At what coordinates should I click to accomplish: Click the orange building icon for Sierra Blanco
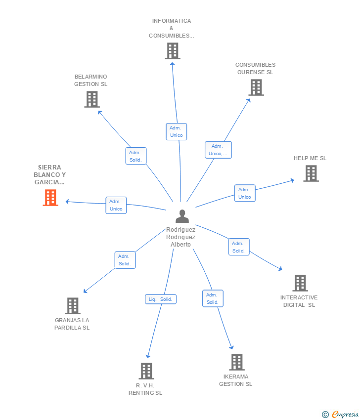(50, 198)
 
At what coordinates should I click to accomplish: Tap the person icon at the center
(182, 216)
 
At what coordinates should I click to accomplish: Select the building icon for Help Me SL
(311, 173)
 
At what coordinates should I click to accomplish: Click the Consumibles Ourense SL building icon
(256, 87)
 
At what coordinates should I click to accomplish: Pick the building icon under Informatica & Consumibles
(172, 51)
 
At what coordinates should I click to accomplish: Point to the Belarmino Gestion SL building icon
(91, 99)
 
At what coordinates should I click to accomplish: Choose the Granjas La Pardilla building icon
(72, 306)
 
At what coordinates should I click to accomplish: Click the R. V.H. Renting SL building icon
(146, 371)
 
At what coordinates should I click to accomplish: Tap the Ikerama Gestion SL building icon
(236, 362)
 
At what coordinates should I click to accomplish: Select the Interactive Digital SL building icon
(300, 283)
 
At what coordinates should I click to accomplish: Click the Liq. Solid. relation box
(160, 299)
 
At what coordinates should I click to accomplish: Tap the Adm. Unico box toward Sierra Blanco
(116, 205)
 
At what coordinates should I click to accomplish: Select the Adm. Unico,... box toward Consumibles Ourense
(218, 150)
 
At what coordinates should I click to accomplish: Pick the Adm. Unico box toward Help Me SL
(244, 193)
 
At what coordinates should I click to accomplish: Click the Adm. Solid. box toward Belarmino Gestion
(135, 156)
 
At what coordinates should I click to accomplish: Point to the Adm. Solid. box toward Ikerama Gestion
(212, 298)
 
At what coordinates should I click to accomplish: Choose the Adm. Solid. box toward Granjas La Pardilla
(125, 260)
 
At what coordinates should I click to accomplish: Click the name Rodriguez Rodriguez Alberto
(180, 237)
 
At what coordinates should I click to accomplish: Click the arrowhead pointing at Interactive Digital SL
(280, 269)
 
